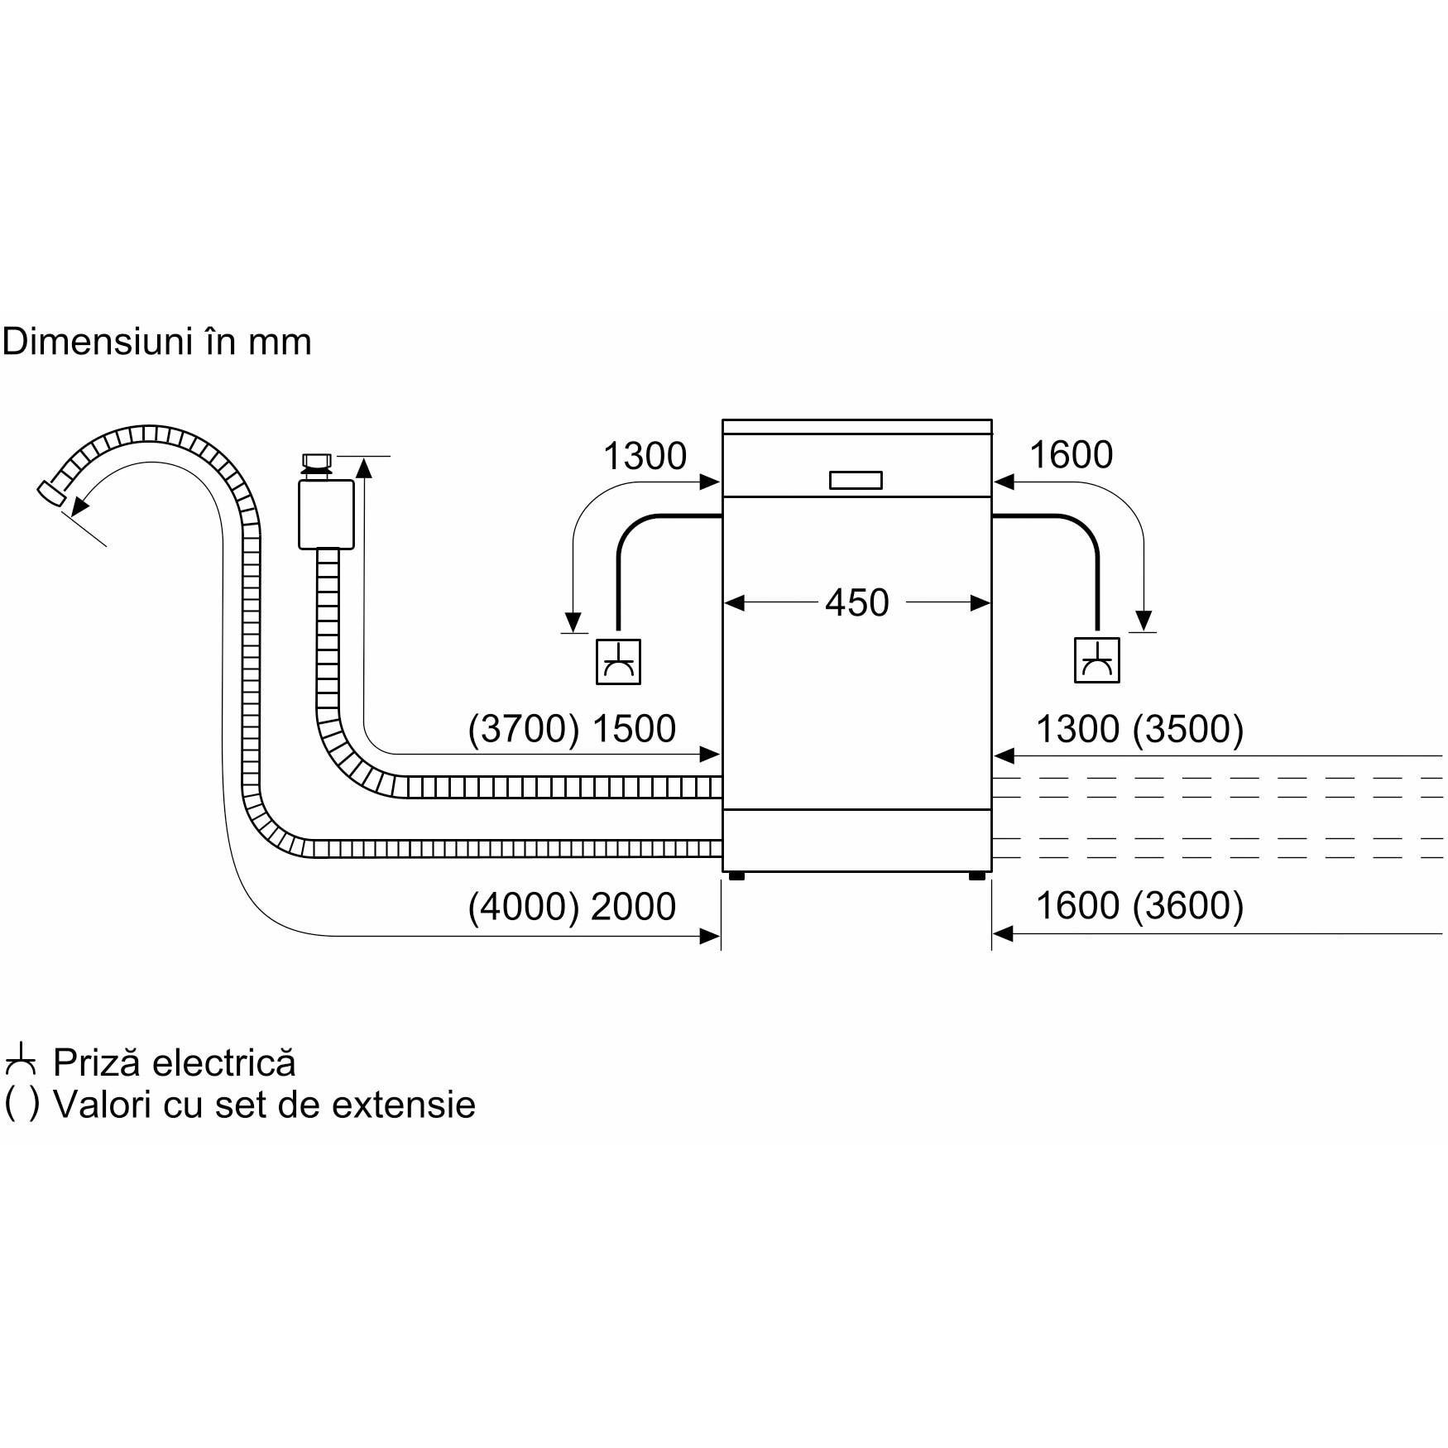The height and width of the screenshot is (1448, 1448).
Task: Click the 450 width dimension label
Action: point(856,602)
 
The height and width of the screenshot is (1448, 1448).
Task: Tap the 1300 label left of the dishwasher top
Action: point(645,456)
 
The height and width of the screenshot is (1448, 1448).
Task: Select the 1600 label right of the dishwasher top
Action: point(1071,454)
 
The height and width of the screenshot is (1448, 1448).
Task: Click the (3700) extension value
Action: point(523,729)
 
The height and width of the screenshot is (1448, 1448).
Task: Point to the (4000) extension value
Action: point(523,907)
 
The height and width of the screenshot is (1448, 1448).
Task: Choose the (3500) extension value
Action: point(1188,729)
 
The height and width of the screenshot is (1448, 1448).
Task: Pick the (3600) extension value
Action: point(1188,906)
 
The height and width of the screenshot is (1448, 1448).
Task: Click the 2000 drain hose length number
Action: point(634,907)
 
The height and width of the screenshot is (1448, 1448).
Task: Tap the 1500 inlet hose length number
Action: point(634,729)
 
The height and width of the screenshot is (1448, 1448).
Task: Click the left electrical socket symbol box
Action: point(618,662)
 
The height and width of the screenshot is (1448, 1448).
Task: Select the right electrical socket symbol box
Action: point(1096,660)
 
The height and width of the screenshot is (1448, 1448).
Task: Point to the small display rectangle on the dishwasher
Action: point(856,481)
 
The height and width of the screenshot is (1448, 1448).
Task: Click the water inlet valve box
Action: point(326,513)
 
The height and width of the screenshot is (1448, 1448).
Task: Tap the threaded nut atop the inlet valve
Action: point(317,462)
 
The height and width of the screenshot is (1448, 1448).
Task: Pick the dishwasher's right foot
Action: point(977,875)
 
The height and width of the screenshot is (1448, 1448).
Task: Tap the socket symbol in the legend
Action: point(21,1062)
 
